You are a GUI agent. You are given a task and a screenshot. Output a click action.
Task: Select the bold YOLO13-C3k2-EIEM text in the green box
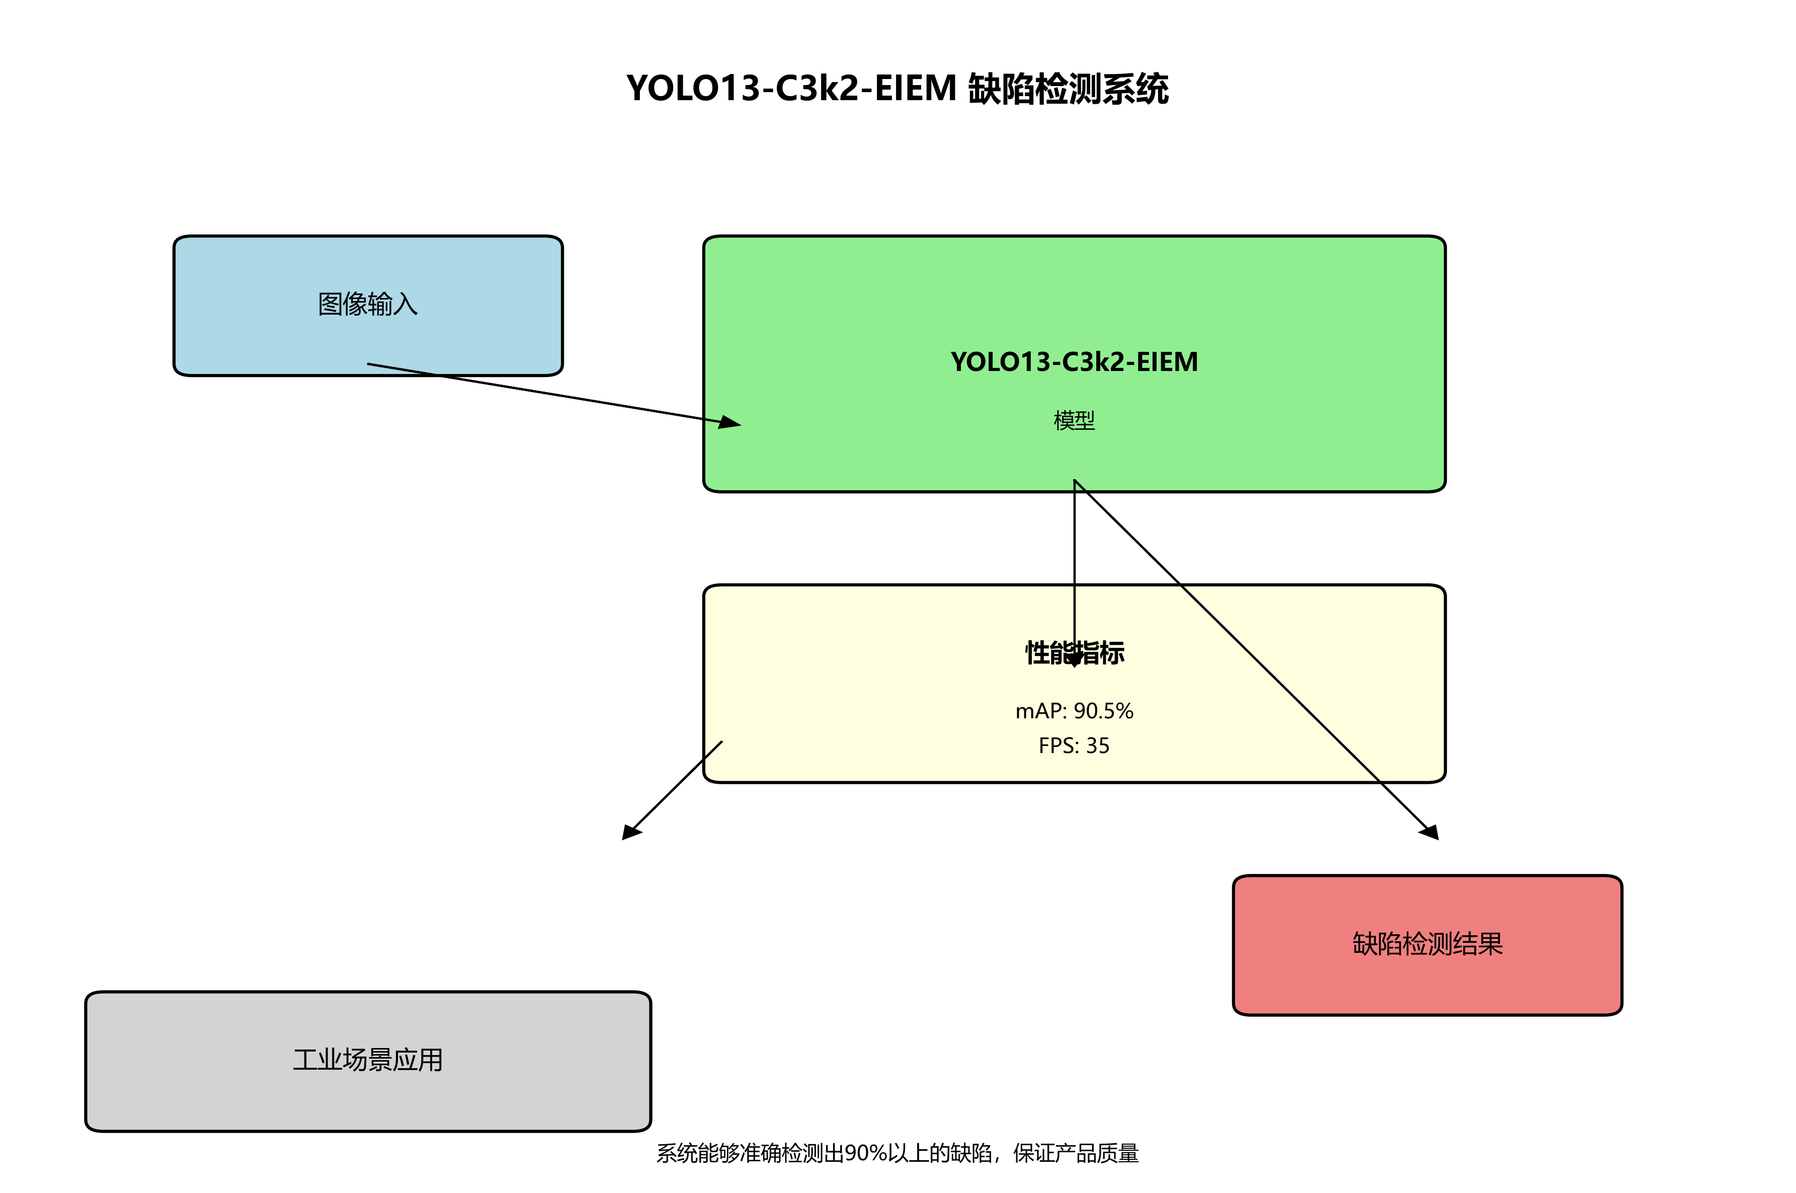[x=1074, y=362]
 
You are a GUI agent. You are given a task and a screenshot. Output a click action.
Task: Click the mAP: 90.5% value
[x=1074, y=711]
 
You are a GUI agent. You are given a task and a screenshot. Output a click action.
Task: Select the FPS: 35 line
[x=1074, y=745]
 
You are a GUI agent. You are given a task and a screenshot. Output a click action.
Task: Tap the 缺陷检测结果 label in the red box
[x=1427, y=944]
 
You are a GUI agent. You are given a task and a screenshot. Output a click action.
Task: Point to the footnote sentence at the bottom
[x=897, y=1153]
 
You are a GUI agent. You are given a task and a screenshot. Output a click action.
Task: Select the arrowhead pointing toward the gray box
[x=631, y=833]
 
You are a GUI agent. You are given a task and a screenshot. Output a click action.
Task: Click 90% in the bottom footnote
[x=864, y=1153]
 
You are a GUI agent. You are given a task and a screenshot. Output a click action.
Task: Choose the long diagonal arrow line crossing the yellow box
[x=1255, y=658]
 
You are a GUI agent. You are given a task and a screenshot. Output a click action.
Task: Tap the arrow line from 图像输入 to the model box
[x=547, y=393]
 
